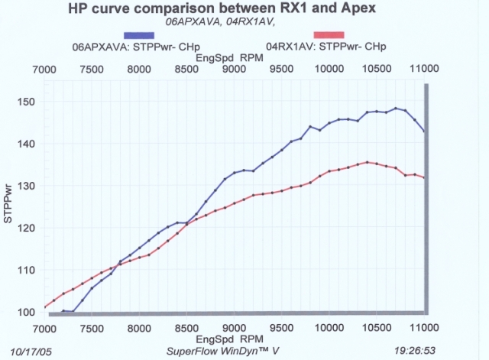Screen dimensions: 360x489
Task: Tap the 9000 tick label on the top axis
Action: tap(235, 70)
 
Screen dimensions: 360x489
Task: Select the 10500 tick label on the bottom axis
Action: tap(377, 326)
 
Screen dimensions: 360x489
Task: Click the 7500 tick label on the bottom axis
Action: tap(92, 326)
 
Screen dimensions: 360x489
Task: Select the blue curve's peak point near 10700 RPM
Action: tap(396, 109)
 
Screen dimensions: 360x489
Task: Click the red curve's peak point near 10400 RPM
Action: tap(368, 162)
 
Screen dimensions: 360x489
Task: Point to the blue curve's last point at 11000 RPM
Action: tap(424, 131)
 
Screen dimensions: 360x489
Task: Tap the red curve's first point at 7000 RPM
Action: tap(45, 307)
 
